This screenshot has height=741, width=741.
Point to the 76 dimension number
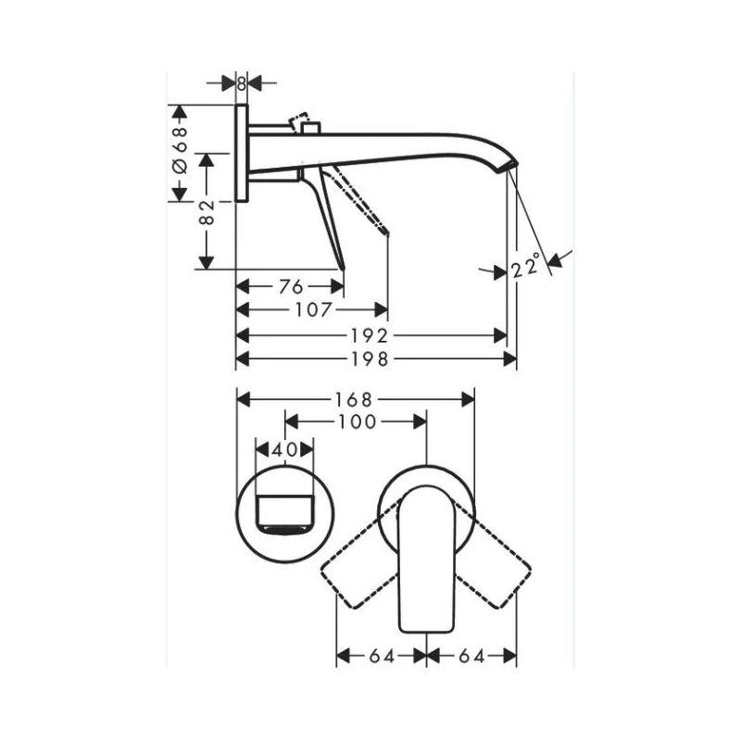(290, 286)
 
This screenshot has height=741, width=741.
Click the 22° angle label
(525, 269)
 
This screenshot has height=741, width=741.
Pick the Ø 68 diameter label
(181, 153)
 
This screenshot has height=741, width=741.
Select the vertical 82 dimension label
(207, 211)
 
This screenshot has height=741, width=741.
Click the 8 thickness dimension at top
(241, 82)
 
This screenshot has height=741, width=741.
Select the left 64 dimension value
(382, 656)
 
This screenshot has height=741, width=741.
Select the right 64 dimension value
(471, 656)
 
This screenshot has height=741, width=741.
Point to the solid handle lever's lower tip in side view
(342, 266)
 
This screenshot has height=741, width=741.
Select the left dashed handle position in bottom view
(357, 570)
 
